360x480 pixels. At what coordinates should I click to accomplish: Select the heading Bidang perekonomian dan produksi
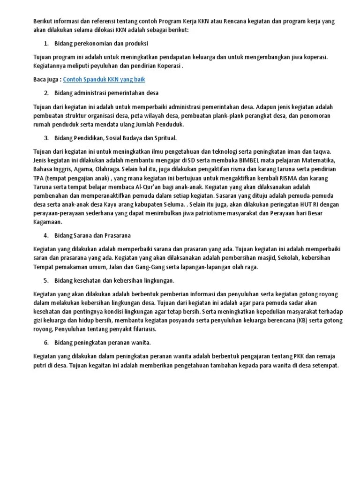click(101, 44)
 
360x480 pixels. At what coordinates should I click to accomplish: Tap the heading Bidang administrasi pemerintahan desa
click(107, 93)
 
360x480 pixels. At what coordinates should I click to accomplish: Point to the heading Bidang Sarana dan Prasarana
click(93, 235)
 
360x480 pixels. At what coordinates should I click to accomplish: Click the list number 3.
click(46, 138)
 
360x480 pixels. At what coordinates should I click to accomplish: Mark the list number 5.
click(46, 280)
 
